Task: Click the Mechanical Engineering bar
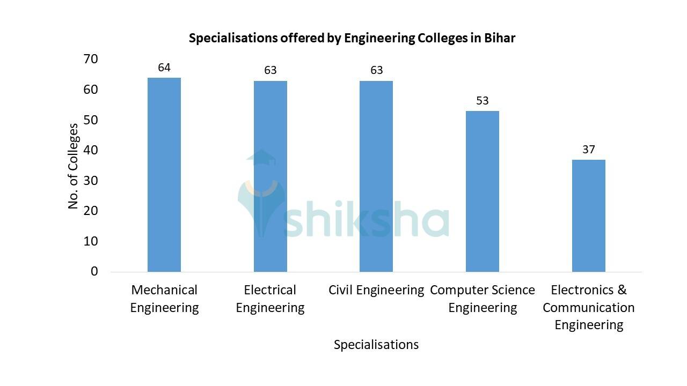point(164,175)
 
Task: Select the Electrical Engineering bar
point(270,176)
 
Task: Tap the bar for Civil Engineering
point(376,176)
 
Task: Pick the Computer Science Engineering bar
point(482,191)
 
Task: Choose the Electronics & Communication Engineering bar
point(588,216)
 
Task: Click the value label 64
point(164,68)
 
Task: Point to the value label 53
point(482,101)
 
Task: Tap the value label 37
point(589,150)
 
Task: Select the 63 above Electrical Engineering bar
point(270,70)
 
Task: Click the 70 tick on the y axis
point(91,59)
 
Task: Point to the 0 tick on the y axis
point(94,271)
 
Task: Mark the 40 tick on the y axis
point(91,150)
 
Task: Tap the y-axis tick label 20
point(91,211)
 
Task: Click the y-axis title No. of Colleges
point(74,166)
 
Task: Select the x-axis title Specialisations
point(376,345)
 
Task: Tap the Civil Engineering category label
point(376,290)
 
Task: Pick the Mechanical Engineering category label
point(164,299)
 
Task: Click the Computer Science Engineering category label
point(483,299)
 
